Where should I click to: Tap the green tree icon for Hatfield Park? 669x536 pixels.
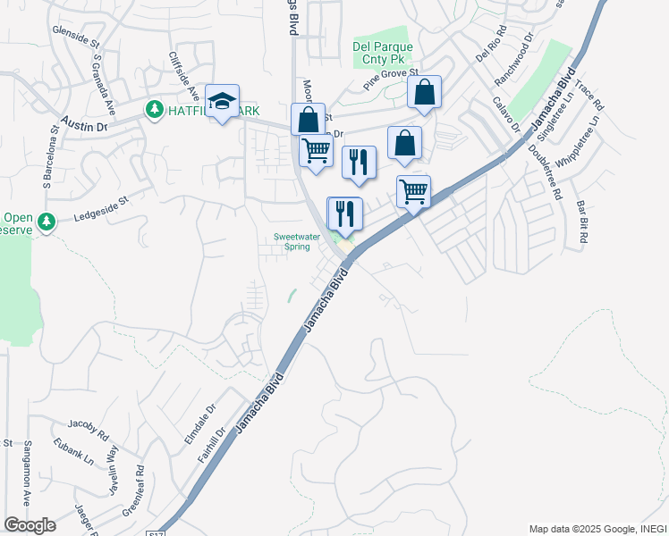(x=153, y=109)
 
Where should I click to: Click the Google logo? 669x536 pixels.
(x=30, y=525)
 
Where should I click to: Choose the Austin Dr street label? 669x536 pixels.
(x=84, y=122)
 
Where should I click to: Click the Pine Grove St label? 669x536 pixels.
(x=391, y=79)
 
